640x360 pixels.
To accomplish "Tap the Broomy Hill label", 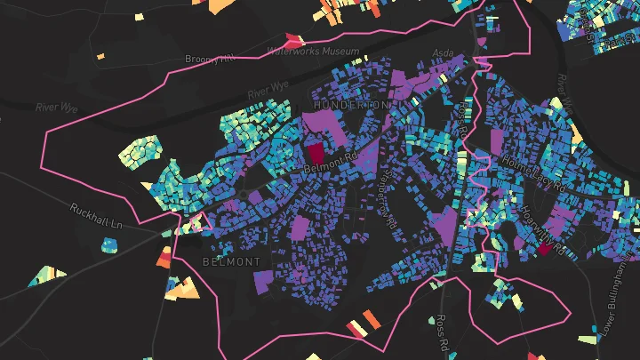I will pos(210,59).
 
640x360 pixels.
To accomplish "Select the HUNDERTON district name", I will pos(352,105).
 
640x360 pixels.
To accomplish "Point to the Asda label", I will pos(442,52).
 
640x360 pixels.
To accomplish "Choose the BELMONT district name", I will pos(231,262).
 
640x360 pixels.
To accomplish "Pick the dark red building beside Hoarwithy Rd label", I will pos(545,249).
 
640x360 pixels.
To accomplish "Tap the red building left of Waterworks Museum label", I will pos(292,40).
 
